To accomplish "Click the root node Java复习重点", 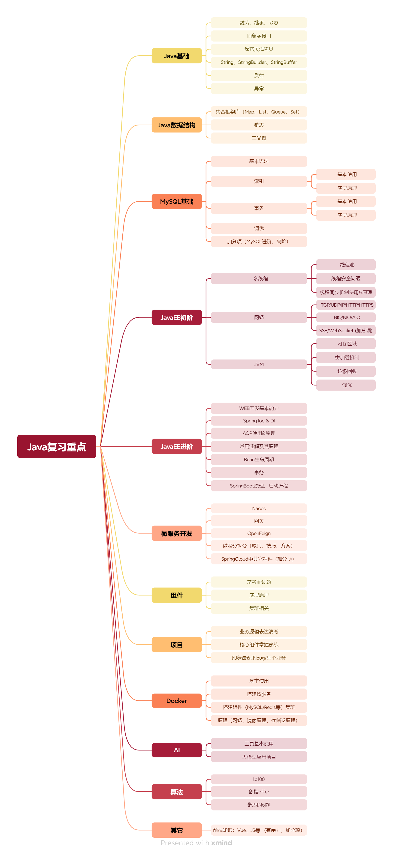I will click(x=57, y=446).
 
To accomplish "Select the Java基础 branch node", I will click(x=176, y=56).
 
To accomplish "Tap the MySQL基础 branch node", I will click(x=176, y=201).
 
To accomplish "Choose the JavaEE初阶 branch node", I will click(x=176, y=317).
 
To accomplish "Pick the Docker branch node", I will click(x=176, y=701).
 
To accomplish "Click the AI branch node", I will click(x=176, y=750).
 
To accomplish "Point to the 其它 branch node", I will click(x=176, y=830).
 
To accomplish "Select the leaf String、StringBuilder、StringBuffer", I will click(x=259, y=62).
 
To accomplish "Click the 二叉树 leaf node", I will click(x=259, y=138).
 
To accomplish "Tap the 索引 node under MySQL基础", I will click(x=259, y=181).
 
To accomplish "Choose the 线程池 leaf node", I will click(x=347, y=265).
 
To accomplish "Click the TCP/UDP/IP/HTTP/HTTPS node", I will click(x=347, y=305).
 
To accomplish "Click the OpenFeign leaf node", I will click(x=259, y=533).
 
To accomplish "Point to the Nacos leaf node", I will click(x=259, y=508).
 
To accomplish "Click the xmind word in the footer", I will click(x=222, y=843).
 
